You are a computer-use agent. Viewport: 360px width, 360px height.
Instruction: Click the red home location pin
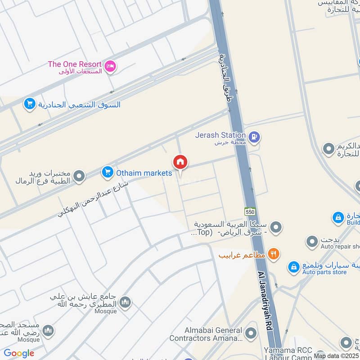click(x=180, y=162)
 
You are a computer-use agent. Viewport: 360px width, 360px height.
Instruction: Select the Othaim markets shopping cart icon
click(x=107, y=172)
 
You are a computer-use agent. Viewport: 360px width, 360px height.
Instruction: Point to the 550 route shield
click(x=250, y=211)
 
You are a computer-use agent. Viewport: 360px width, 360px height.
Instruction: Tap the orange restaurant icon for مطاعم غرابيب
click(x=273, y=254)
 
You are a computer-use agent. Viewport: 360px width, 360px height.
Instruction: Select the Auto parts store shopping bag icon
click(x=294, y=267)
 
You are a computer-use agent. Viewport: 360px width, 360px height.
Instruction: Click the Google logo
click(x=19, y=353)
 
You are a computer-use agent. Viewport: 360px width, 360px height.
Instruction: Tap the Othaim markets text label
click(x=144, y=173)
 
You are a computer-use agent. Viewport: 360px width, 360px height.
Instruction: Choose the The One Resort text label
click(x=75, y=64)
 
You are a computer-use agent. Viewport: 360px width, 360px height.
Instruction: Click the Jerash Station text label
click(x=220, y=135)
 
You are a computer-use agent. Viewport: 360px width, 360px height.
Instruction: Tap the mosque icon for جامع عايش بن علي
click(x=126, y=302)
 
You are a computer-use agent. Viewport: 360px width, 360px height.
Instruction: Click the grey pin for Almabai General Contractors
click(x=251, y=334)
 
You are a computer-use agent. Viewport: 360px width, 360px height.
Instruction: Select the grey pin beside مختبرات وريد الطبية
click(x=79, y=176)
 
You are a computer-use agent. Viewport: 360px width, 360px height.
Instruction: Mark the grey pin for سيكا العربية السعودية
click(x=276, y=227)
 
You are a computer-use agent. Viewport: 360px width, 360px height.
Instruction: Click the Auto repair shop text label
click(x=340, y=247)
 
